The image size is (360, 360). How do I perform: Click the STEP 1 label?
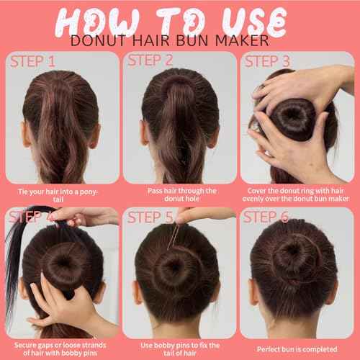pos(32,61)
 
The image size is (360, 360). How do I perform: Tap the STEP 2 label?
pos(151,60)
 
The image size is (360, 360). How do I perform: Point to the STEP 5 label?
pos(151,217)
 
